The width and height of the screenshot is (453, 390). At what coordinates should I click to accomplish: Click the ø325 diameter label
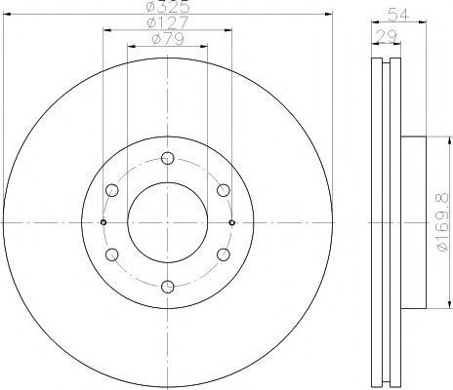pos(168,6)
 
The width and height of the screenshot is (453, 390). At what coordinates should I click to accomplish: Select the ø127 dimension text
pos(168,22)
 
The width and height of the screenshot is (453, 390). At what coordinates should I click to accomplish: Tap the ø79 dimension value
pos(168,39)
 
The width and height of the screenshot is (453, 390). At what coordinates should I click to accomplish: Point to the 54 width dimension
pos(398,16)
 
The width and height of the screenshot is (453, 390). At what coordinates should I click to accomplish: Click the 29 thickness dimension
pos(386,36)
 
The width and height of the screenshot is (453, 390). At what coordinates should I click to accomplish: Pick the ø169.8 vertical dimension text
pos(443,222)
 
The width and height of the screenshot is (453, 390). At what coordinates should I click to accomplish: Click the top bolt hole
pos(168,158)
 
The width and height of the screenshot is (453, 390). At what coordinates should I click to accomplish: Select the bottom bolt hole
pos(168,287)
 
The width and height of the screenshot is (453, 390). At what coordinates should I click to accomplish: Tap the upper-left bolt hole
pos(112,190)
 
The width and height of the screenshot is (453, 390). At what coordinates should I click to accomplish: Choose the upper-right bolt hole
pos(224,190)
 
